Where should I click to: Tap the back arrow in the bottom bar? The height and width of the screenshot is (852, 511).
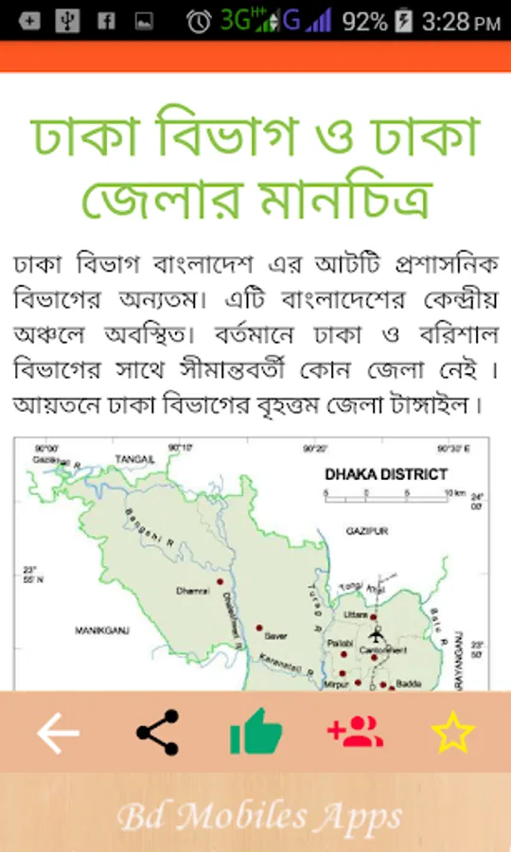click(58, 733)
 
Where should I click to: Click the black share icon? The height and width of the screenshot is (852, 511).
click(157, 733)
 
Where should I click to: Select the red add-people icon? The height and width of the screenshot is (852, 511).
click(355, 733)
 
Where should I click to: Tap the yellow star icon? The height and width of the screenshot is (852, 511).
click(453, 733)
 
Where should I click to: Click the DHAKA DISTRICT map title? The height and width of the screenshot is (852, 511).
click(385, 474)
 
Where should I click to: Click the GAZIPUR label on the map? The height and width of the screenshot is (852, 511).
click(366, 532)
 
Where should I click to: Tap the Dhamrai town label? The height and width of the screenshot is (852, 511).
click(191, 592)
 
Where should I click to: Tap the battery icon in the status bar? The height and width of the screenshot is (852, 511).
click(404, 21)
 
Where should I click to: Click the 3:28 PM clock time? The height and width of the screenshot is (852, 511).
click(460, 21)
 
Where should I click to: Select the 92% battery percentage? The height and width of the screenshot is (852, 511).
click(364, 21)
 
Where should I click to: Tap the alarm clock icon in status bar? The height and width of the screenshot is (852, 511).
click(199, 21)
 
